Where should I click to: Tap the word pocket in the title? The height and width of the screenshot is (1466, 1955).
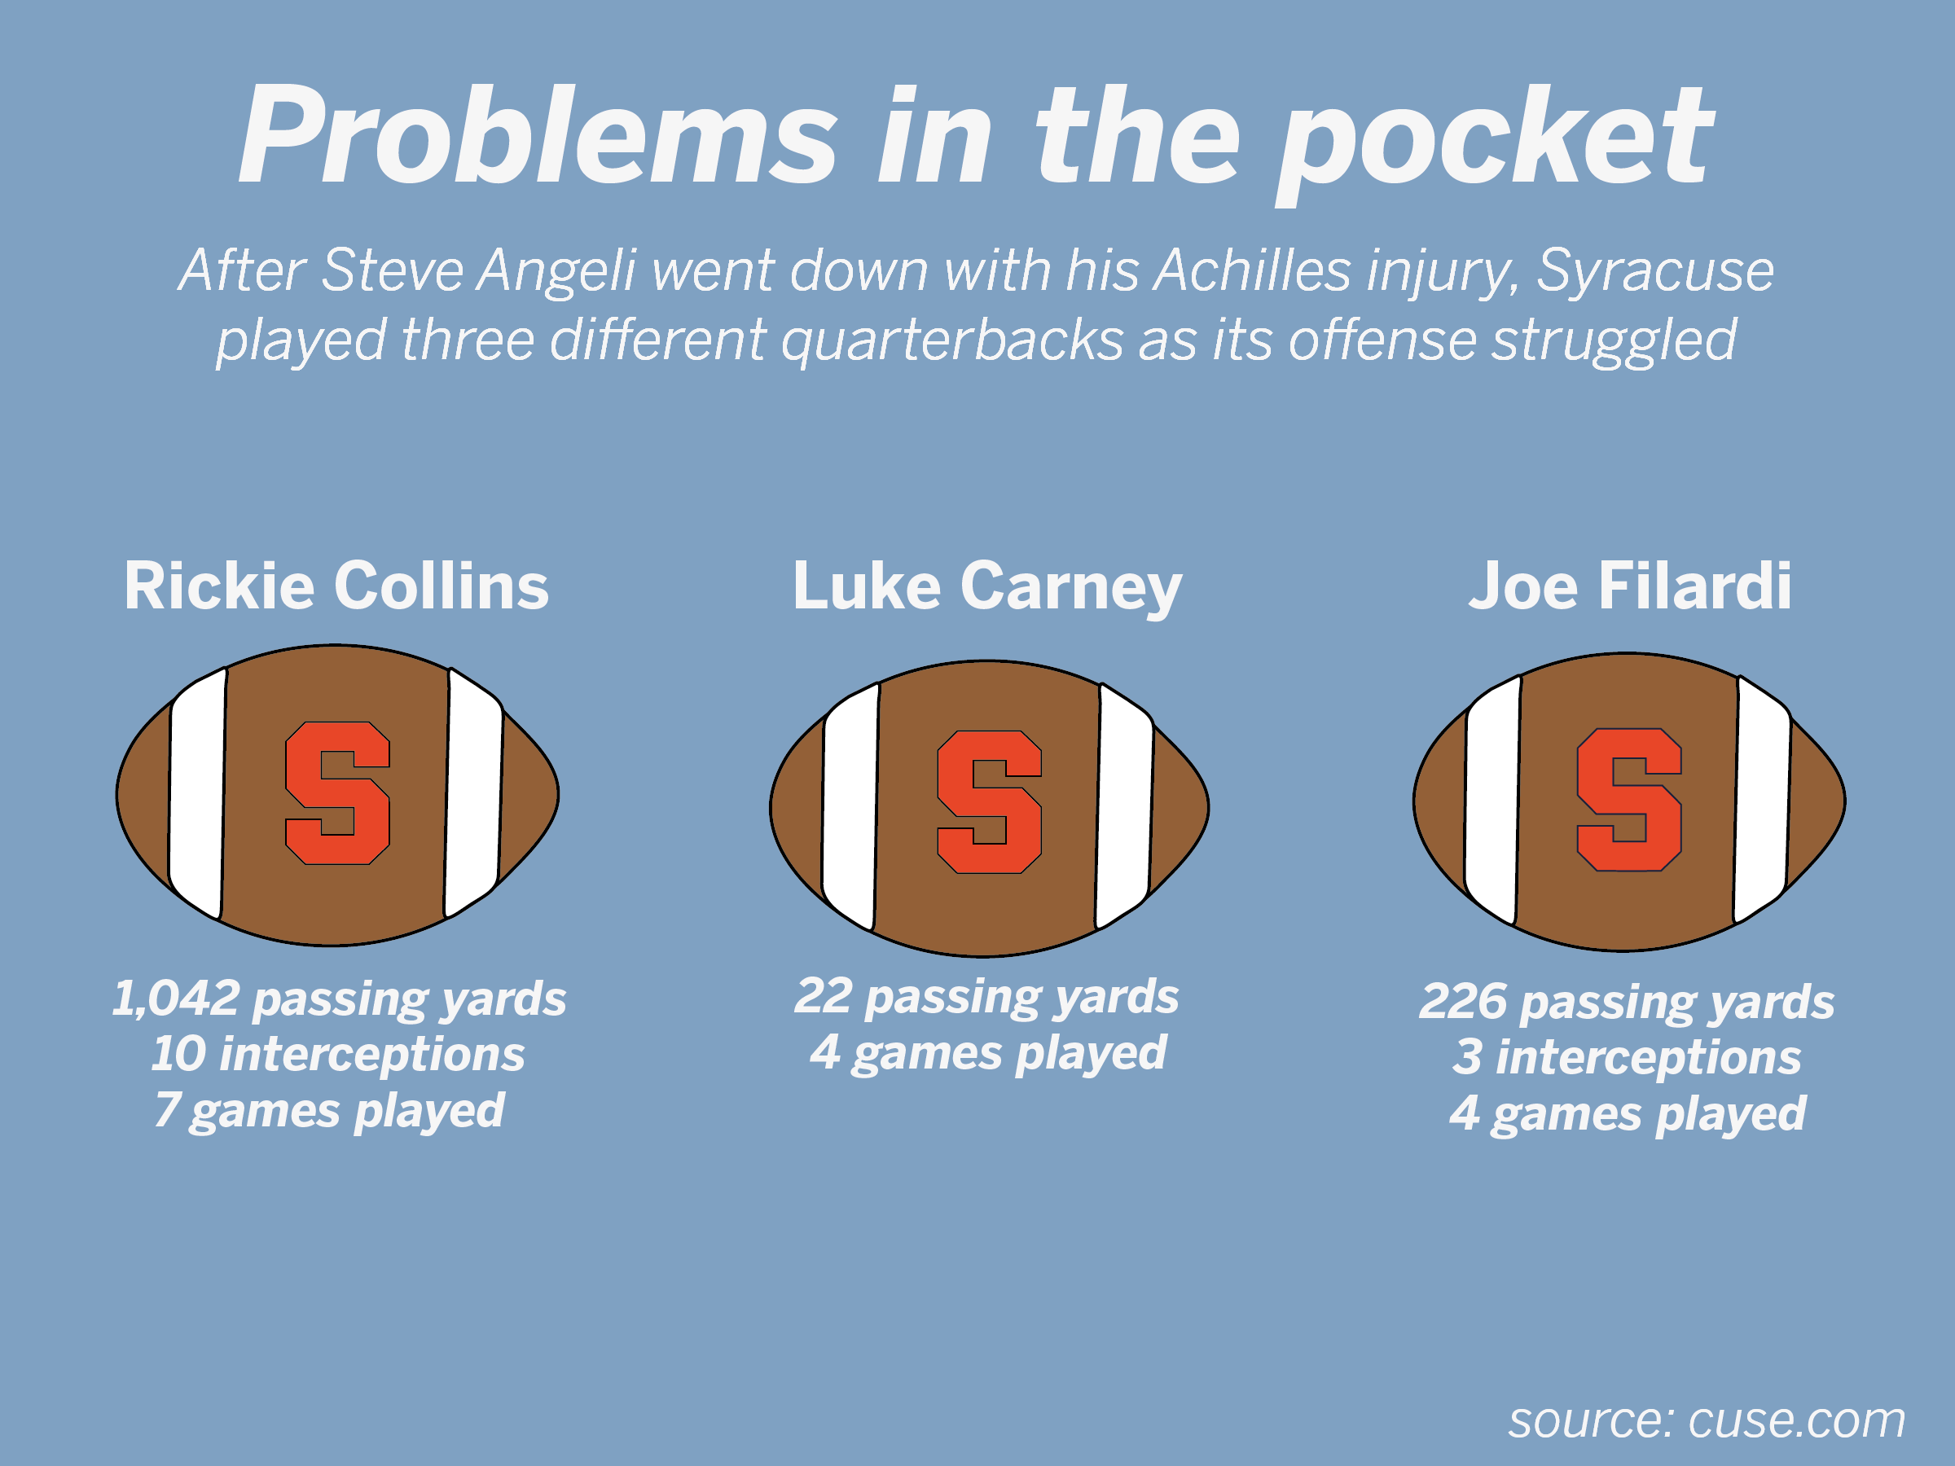pyautogui.click(x=1494, y=142)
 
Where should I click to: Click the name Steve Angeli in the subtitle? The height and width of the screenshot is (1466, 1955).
pyautogui.click(x=478, y=270)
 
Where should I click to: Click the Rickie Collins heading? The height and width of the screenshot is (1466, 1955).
pyautogui.click(x=336, y=586)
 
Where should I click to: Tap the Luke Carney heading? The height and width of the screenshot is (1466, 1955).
pyautogui.click(x=986, y=586)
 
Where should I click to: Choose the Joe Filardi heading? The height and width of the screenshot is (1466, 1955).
pyautogui.click(x=1630, y=586)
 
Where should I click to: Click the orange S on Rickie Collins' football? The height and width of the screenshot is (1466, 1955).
pyautogui.click(x=336, y=792)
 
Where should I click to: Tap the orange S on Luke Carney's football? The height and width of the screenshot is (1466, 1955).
pyautogui.click(x=989, y=801)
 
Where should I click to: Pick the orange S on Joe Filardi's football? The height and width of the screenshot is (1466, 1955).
pyautogui.click(x=1629, y=800)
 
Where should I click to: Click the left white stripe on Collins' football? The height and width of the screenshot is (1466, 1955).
pyautogui.click(x=197, y=792)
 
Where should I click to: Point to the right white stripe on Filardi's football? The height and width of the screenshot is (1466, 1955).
pyautogui.click(x=1762, y=800)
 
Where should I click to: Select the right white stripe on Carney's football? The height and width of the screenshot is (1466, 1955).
pyautogui.click(x=1124, y=806)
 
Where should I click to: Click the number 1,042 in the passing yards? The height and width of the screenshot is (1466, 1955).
pyautogui.click(x=176, y=999)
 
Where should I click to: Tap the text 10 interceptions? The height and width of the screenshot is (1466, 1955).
pyautogui.click(x=337, y=1054)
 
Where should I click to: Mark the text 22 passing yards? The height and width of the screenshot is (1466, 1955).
pyautogui.click(x=986, y=997)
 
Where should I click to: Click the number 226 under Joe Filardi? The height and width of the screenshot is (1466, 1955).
pyautogui.click(x=1463, y=1002)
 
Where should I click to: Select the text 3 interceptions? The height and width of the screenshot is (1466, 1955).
pyautogui.click(x=1626, y=1058)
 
